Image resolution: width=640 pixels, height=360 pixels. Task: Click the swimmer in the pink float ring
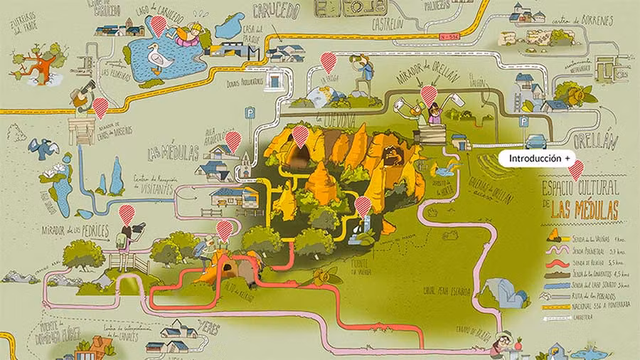coord(189,33)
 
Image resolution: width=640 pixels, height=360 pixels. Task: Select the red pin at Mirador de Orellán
coord(428,94)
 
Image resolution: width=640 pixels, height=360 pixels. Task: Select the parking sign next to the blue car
coord(523,122)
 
